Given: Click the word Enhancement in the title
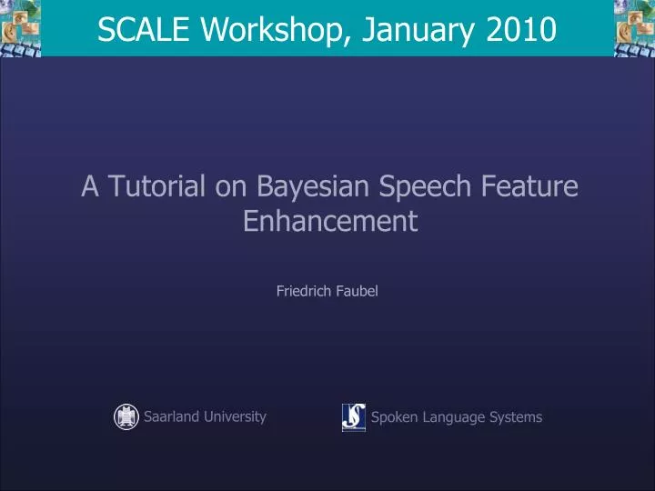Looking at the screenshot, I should point(329,221).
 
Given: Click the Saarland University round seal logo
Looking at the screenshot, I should point(126,416).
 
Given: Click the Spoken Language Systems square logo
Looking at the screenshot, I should point(353,417).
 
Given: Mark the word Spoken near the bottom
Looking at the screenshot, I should point(393,417).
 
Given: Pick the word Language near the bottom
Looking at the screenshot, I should point(453,417).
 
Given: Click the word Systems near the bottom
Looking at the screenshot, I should point(517,417).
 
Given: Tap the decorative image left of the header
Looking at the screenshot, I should point(21,27).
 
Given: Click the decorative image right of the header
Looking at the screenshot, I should point(634,27).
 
